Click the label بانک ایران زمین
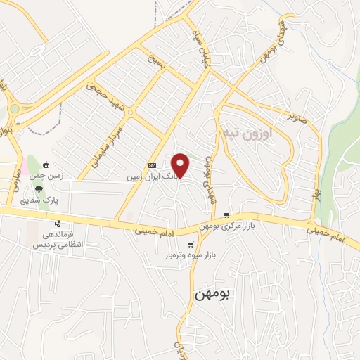149,177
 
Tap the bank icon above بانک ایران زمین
153,166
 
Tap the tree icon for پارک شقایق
39,189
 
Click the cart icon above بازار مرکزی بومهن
226,214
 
